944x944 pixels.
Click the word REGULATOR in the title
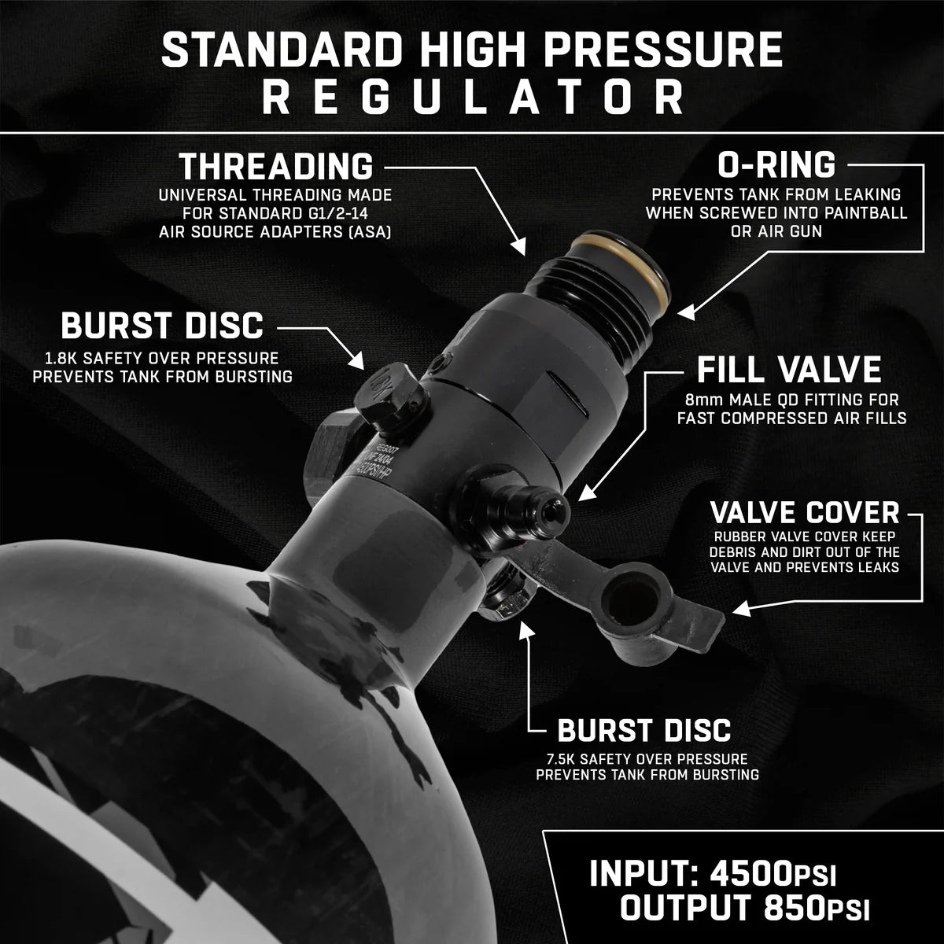pyautogui.click(x=472, y=98)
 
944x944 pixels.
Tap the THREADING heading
pyautogui.click(x=276, y=167)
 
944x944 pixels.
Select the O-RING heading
pyautogui.click(x=776, y=165)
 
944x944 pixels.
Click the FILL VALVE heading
pyautogui.click(x=789, y=370)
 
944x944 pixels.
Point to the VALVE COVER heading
pyautogui.click(x=805, y=513)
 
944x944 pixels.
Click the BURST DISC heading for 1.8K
pyautogui.click(x=162, y=326)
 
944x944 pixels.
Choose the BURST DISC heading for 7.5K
pyautogui.click(x=643, y=730)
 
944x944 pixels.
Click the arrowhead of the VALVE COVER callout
pyautogui.click(x=741, y=610)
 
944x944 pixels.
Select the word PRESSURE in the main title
pyautogui.click(x=663, y=50)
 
